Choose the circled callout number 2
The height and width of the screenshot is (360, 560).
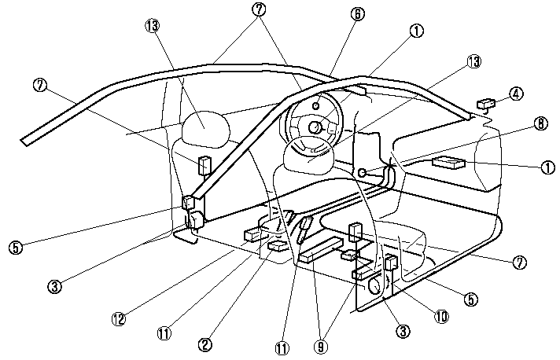(204, 343)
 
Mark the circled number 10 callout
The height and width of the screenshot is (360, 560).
(441, 316)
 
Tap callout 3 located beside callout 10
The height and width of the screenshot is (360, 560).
(402, 332)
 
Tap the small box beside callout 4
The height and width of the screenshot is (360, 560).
(486, 102)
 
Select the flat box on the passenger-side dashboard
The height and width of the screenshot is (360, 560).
(449, 163)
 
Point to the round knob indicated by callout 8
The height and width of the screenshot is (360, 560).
(363, 173)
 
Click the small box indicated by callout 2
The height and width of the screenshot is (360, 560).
(277, 246)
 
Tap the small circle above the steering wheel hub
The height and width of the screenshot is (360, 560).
(316, 105)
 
